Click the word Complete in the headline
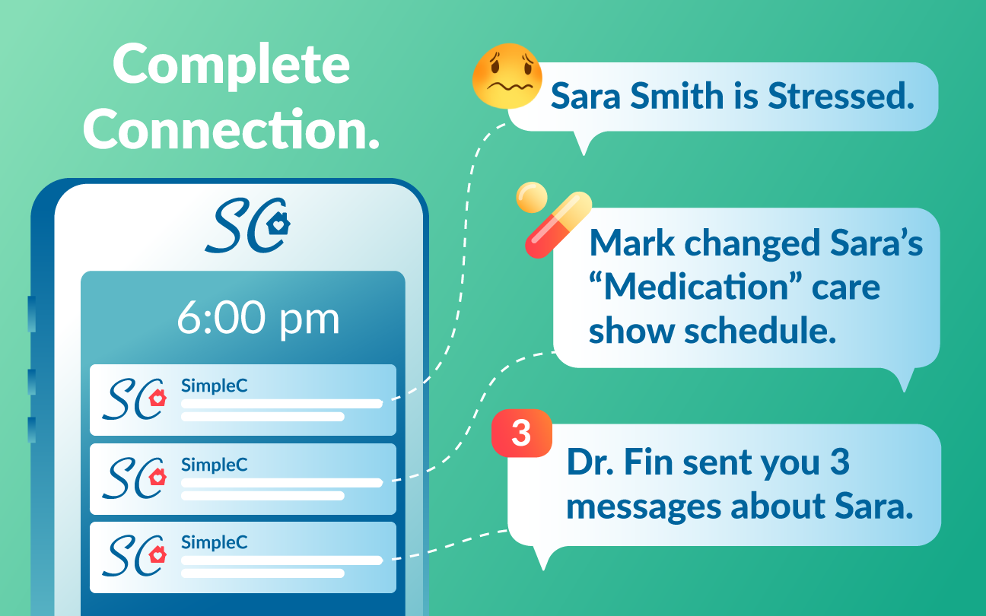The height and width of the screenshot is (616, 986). click(231, 66)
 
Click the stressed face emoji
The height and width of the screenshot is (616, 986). click(507, 76)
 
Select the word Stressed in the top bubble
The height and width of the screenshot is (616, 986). click(841, 96)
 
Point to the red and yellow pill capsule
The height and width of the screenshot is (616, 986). click(558, 224)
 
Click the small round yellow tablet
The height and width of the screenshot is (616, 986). click(532, 197)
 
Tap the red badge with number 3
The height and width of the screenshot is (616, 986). click(522, 433)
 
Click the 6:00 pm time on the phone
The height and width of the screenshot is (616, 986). click(258, 319)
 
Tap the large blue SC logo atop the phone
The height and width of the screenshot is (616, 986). click(247, 225)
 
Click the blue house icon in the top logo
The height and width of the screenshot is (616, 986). click(278, 224)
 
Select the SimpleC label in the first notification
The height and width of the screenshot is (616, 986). click(215, 386)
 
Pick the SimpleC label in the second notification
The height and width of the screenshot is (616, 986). click(215, 465)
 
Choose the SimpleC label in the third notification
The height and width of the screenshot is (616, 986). click(215, 542)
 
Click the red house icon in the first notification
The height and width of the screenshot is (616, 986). click(157, 398)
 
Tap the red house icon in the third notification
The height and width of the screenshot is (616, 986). click(157, 554)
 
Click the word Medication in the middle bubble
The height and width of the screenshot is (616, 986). click(695, 287)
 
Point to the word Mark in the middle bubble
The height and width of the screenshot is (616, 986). click(632, 243)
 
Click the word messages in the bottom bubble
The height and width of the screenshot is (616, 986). click(644, 507)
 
